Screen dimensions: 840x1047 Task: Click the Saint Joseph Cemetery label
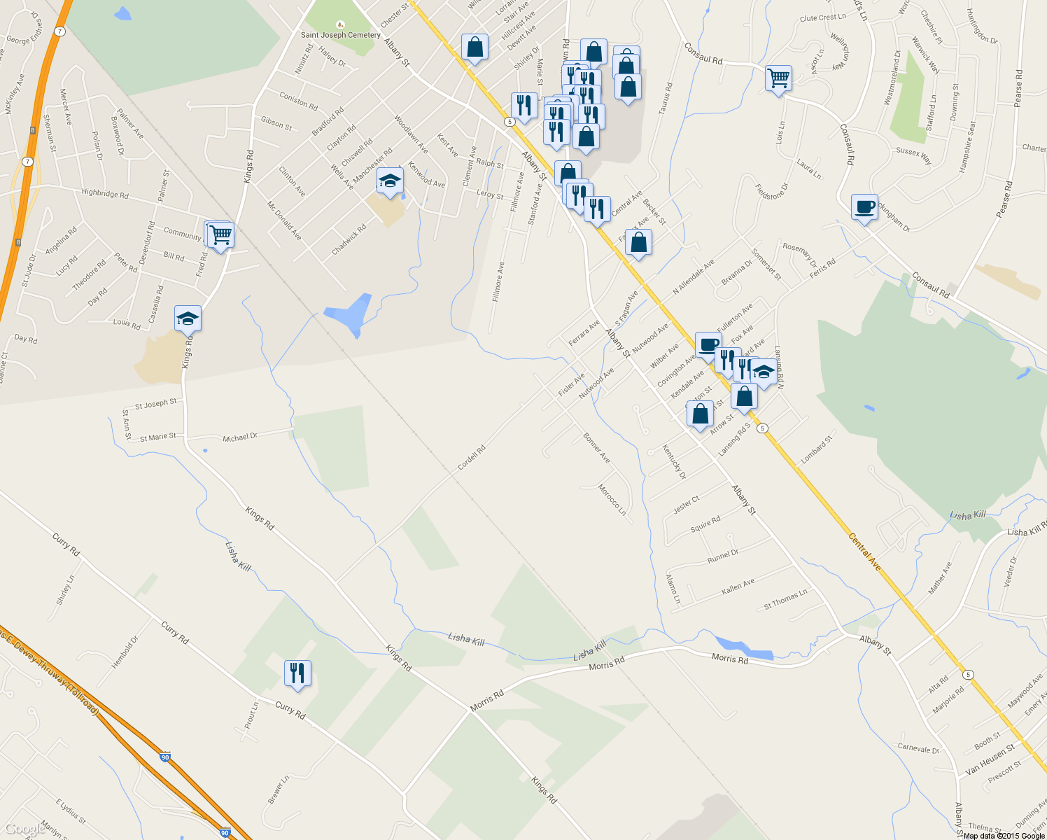click(341, 35)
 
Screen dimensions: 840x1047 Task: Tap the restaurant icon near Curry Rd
click(297, 673)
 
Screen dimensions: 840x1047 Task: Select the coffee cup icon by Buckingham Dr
click(865, 207)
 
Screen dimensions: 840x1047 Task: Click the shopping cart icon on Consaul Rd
click(778, 78)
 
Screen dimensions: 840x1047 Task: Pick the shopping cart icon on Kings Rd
click(221, 234)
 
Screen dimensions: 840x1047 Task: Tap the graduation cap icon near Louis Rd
click(188, 319)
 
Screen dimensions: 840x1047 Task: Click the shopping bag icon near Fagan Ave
click(638, 243)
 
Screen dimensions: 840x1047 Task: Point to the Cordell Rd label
click(471, 458)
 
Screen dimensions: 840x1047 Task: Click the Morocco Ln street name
click(612, 499)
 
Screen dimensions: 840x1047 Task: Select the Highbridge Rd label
click(104, 193)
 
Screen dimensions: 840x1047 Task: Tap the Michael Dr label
click(240, 437)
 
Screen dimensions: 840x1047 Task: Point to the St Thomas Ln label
click(785, 600)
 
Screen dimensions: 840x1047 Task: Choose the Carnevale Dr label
click(918, 748)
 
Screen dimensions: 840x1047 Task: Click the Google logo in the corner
click(24, 829)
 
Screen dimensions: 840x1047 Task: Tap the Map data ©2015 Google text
click(1004, 835)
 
